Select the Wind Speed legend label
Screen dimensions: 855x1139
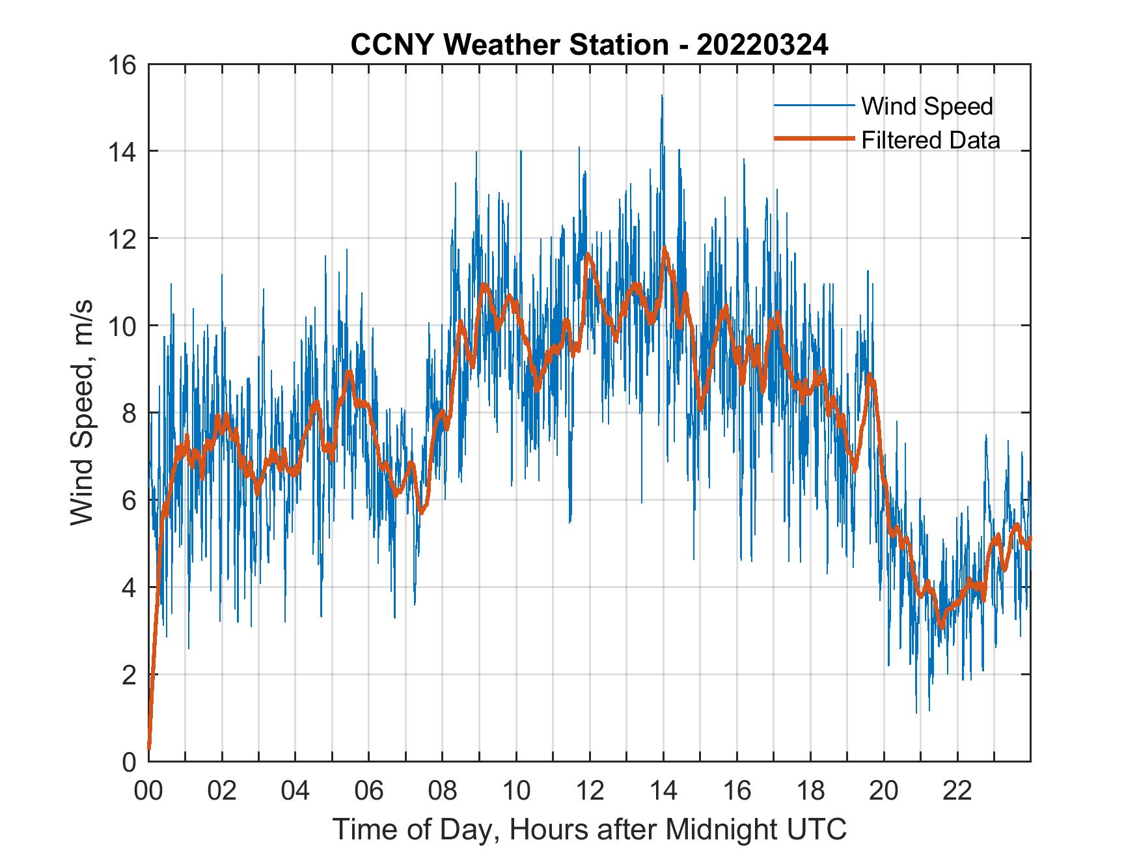(927, 106)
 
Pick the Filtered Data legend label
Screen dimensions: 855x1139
(931, 140)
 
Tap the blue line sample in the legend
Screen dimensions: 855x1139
(814, 105)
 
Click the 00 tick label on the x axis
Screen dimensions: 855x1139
(148, 792)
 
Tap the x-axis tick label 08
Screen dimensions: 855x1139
(443, 792)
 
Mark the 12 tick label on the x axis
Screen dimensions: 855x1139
(590, 792)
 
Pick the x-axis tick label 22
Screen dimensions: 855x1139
(957, 792)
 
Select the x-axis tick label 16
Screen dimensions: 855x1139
(737, 792)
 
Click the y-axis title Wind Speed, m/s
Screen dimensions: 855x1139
(82, 412)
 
